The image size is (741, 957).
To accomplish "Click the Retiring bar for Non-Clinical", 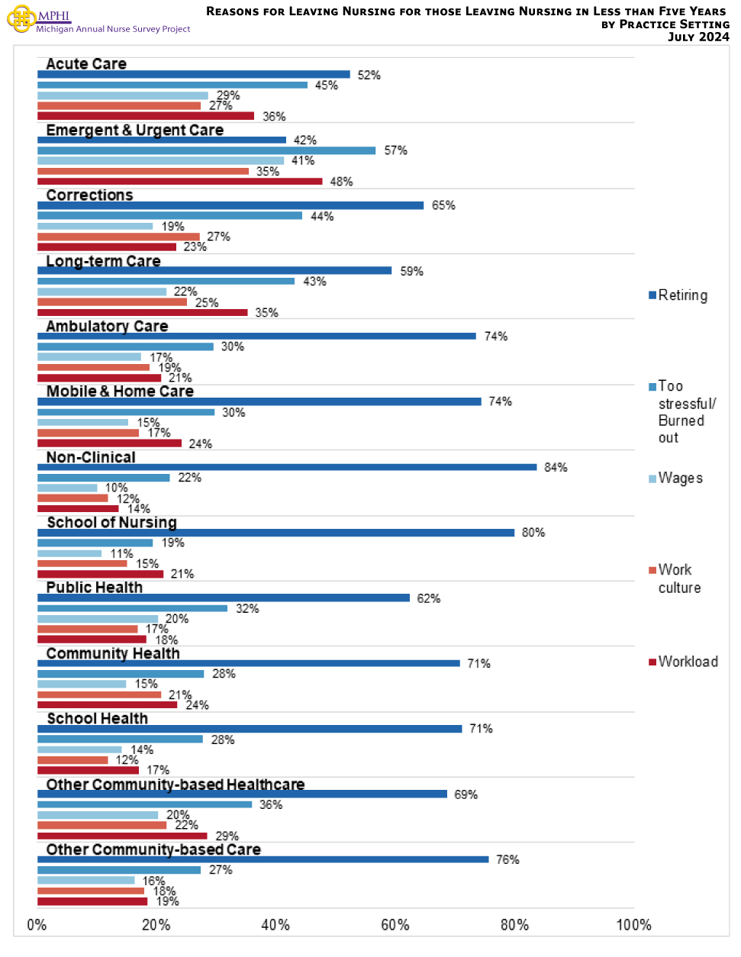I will pyautogui.click(x=287, y=467).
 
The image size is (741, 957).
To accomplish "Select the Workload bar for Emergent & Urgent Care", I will pyautogui.click(x=180, y=182).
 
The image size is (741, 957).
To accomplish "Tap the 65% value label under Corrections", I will pyautogui.click(x=443, y=205).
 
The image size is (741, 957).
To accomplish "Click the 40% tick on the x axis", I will pyautogui.click(x=275, y=925).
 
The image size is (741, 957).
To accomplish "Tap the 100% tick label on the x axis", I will pyautogui.click(x=633, y=925).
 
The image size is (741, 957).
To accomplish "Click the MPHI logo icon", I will pyautogui.click(x=21, y=18).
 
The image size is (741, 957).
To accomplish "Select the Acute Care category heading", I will pyautogui.click(x=86, y=64).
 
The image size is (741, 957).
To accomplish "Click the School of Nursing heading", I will pyautogui.click(x=111, y=523).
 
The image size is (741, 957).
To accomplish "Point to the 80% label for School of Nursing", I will pyautogui.click(x=533, y=533).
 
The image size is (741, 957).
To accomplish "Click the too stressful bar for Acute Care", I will pyautogui.click(x=172, y=85).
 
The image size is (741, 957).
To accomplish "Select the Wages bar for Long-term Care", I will pyautogui.click(x=102, y=292).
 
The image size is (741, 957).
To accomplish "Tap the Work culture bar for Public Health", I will pyautogui.click(x=88, y=630).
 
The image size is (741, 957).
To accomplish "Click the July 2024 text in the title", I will pyautogui.click(x=698, y=37).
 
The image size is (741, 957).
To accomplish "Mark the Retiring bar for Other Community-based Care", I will pyautogui.click(x=263, y=859).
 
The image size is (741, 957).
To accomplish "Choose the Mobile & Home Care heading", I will pyautogui.click(x=120, y=391).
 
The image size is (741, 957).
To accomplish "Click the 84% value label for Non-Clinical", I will pyautogui.click(x=556, y=467).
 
